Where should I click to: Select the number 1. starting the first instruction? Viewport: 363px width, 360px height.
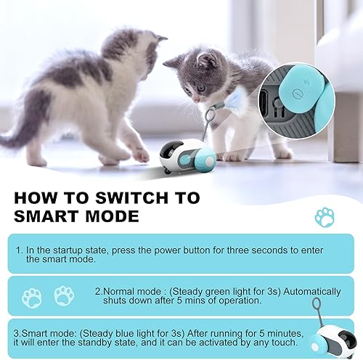tap(20, 250)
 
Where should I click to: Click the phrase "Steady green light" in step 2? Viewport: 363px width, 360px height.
tap(218, 292)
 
